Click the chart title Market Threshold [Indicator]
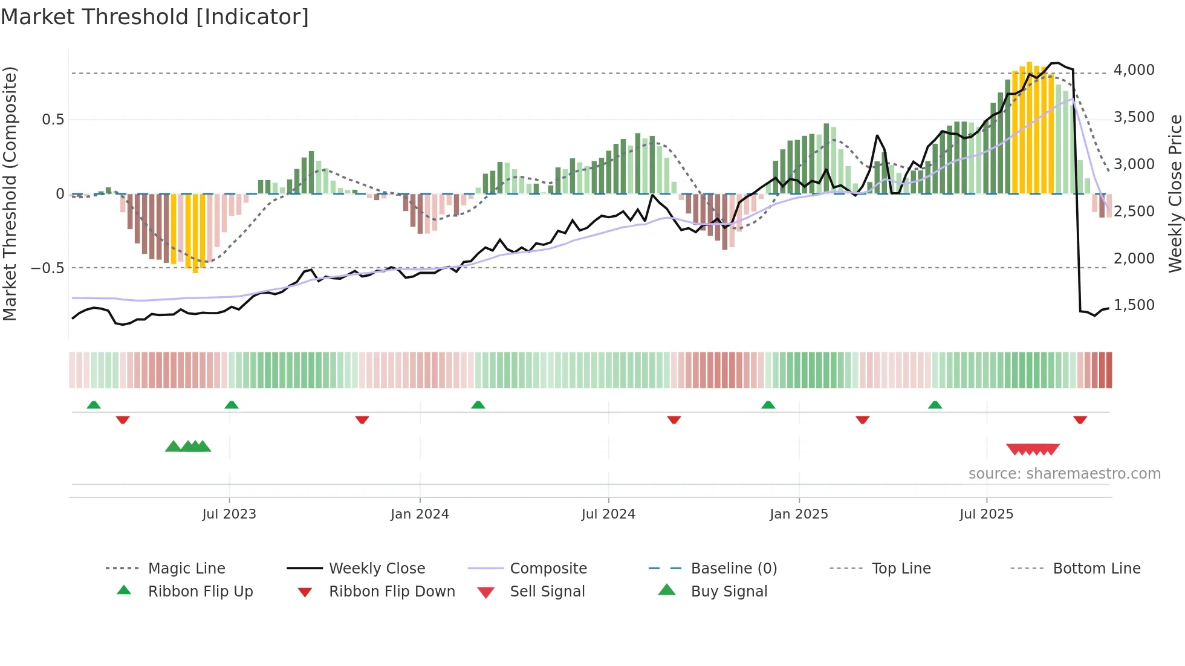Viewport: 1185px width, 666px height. point(155,17)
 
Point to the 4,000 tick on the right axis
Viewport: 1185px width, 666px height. point(1134,70)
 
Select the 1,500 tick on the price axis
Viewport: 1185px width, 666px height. point(1134,305)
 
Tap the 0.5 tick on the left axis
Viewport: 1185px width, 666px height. point(53,120)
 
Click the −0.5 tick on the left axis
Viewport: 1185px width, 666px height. point(48,268)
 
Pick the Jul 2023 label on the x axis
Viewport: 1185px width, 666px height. point(229,514)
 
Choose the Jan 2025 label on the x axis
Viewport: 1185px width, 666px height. point(799,514)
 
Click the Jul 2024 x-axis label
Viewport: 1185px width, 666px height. point(608,514)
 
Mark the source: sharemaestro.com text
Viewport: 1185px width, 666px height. point(1064,474)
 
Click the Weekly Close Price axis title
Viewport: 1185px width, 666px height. point(1175,193)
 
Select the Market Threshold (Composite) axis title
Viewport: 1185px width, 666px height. point(10,193)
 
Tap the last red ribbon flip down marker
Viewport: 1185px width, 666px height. point(1080,419)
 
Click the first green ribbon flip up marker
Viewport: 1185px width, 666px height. point(94,405)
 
